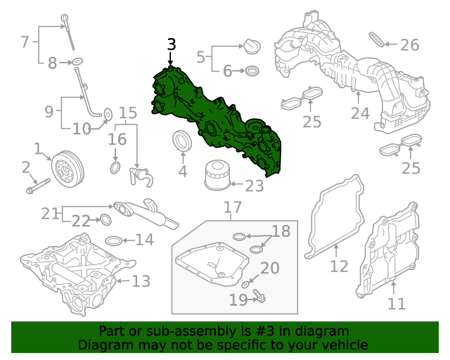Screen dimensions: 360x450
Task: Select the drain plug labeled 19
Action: [x=259, y=297]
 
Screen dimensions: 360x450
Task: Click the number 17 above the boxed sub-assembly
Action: [x=233, y=207]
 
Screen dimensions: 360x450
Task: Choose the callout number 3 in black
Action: [x=171, y=44]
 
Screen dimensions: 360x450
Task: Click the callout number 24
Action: [x=360, y=112]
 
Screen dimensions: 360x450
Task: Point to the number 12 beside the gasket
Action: [x=339, y=266]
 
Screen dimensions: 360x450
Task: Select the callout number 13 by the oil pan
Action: [x=141, y=282]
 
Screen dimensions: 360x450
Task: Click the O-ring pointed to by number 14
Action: [x=119, y=239]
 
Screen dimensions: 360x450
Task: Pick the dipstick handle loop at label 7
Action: [x=64, y=17]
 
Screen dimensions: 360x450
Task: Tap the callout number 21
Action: [x=50, y=212]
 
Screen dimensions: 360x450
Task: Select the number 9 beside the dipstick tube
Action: [x=49, y=110]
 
